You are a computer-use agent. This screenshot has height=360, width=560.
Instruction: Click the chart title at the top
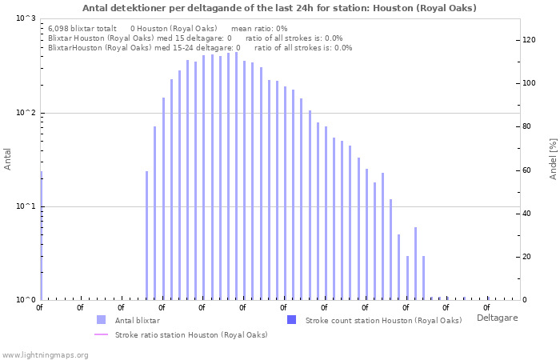(x=279, y=8)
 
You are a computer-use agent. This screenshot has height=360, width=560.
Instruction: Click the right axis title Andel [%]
(x=553, y=158)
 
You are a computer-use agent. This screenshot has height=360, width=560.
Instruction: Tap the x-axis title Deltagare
(x=497, y=318)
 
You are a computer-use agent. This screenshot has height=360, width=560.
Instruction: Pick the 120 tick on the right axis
(x=529, y=40)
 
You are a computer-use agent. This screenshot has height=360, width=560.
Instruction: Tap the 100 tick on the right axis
(x=529, y=83)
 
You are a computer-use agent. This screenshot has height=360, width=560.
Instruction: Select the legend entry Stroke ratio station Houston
(x=190, y=334)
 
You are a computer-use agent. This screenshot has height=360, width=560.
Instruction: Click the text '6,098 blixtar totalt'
(x=82, y=28)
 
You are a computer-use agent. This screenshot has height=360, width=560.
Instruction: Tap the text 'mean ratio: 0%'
(x=258, y=28)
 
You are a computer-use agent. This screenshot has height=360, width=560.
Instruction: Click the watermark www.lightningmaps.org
(x=45, y=354)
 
